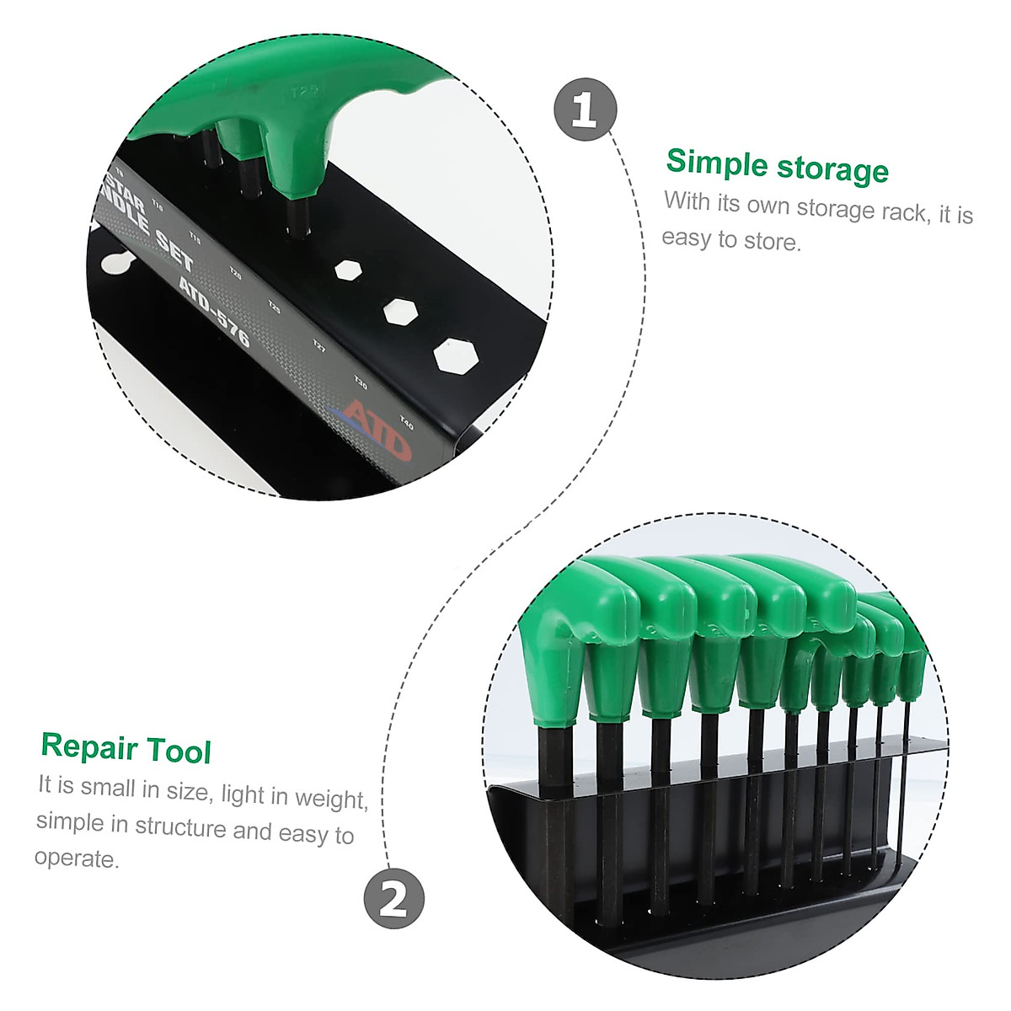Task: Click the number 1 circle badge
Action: coord(585,110)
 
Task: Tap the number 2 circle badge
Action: coord(393,898)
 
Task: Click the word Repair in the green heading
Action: coord(88,746)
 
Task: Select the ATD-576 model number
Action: coord(214,310)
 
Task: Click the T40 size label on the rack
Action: coord(406,421)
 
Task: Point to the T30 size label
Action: coord(361,383)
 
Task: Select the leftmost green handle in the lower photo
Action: coord(552,640)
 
